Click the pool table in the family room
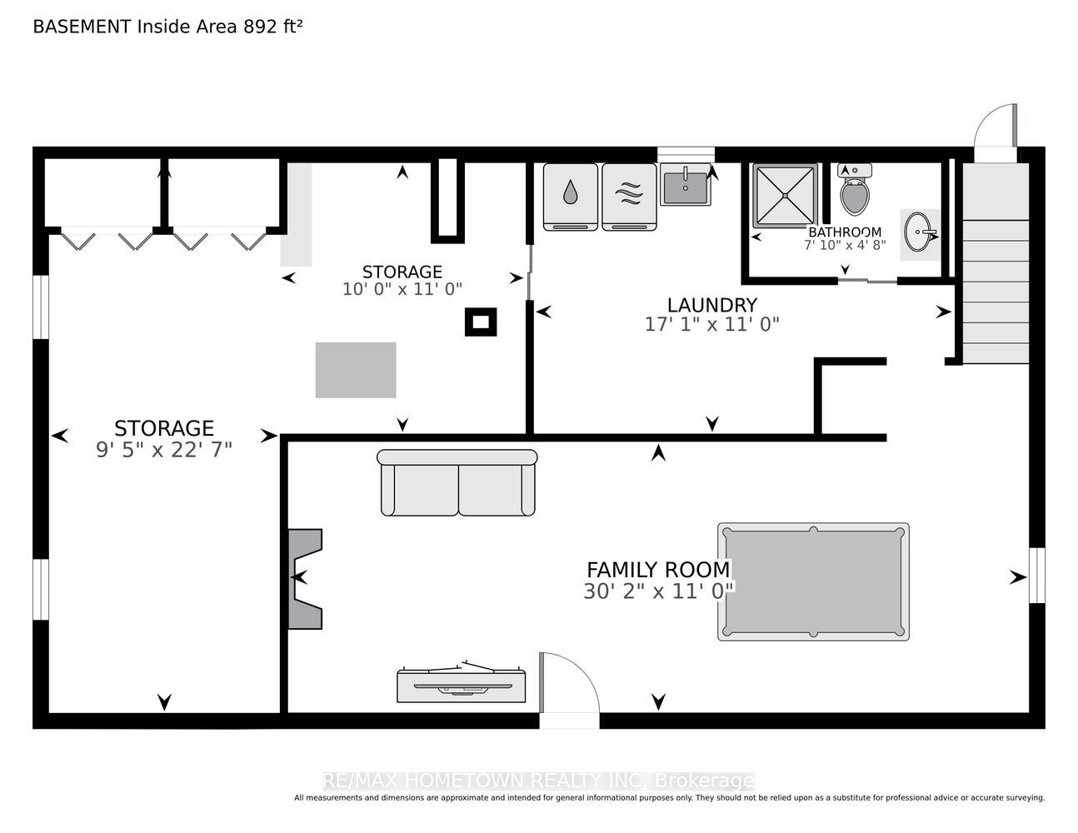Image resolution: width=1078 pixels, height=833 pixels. pos(813,581)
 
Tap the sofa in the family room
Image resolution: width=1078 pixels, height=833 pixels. pos(457,482)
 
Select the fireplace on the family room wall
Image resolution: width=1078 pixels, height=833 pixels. pos(305,579)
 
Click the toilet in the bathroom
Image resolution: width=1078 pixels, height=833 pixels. pos(855,189)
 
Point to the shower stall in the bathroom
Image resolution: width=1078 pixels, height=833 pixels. pos(785,196)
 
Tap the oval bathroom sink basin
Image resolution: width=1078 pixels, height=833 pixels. pos(918,232)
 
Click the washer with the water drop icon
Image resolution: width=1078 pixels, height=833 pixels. pos(571,197)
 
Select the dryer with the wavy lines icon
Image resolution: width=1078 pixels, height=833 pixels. pos(630,197)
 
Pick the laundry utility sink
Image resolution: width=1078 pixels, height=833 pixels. pos(686,185)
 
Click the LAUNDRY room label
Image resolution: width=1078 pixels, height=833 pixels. pos(712,305)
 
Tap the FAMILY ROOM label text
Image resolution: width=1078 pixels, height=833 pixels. pos(658,571)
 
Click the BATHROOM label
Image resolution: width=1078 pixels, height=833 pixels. pos(845,232)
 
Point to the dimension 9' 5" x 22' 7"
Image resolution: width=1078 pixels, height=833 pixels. pos(164,450)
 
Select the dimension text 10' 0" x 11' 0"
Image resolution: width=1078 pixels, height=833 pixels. pos(402,288)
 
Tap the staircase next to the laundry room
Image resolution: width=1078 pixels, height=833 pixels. pos(996,263)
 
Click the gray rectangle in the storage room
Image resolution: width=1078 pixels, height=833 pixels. pos(356,370)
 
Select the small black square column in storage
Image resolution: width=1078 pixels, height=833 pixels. pos(481,322)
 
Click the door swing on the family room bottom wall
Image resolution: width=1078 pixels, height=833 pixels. pos(569,683)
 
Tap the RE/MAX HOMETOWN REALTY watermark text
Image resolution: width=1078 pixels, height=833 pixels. pos(539,781)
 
